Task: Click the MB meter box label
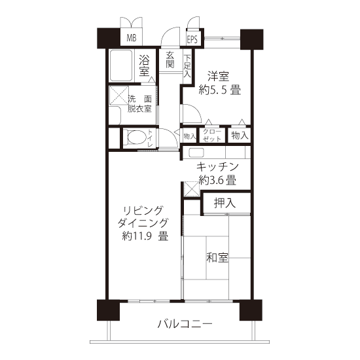132,38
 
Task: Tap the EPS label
192,39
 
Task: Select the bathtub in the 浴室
121,65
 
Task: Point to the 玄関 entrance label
170,60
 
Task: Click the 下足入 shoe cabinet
187,66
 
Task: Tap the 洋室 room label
219,77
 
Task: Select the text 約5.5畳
219,90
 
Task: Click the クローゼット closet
212,135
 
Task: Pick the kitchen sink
196,153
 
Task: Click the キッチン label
217,167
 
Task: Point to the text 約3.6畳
217,180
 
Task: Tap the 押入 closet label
225,203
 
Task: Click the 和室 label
217,258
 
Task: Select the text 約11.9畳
145,236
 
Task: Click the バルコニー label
185,324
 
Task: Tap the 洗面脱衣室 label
140,104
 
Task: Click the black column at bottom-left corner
109,310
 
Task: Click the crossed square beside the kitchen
192,189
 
